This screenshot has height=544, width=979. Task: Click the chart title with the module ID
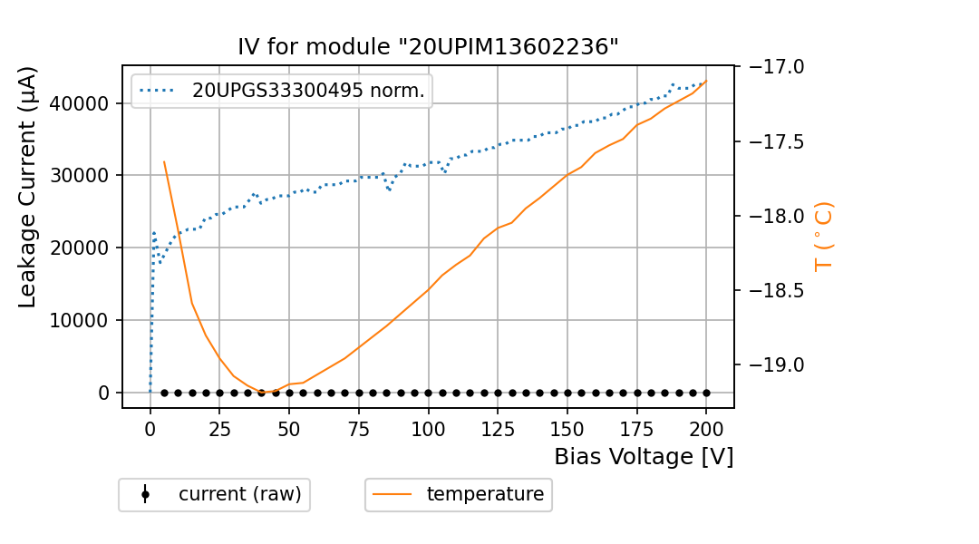(428, 47)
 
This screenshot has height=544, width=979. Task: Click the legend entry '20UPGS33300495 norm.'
(308, 91)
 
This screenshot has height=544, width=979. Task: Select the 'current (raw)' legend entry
(239, 494)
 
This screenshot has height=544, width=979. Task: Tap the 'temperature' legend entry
(485, 494)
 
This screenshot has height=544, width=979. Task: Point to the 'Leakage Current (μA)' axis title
(28, 187)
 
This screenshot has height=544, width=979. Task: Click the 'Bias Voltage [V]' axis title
(644, 457)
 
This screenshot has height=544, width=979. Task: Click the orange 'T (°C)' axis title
(823, 237)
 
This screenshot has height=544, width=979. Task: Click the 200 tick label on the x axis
(706, 430)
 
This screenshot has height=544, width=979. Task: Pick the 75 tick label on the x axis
(359, 430)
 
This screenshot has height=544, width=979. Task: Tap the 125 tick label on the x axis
(498, 430)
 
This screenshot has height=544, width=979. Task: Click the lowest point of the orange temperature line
(268, 393)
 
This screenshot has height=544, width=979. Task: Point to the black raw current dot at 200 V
(706, 393)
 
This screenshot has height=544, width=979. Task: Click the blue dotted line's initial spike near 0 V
(154, 233)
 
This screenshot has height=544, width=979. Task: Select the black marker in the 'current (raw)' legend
(145, 494)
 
